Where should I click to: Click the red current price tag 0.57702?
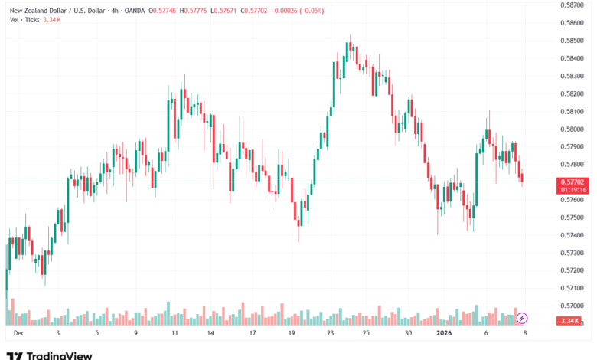click(573, 182)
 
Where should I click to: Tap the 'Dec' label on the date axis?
click(18, 334)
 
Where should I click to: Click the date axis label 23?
click(330, 334)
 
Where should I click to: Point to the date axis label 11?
click(175, 334)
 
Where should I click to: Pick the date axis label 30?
click(409, 334)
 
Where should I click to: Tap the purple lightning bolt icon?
click(522, 317)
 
